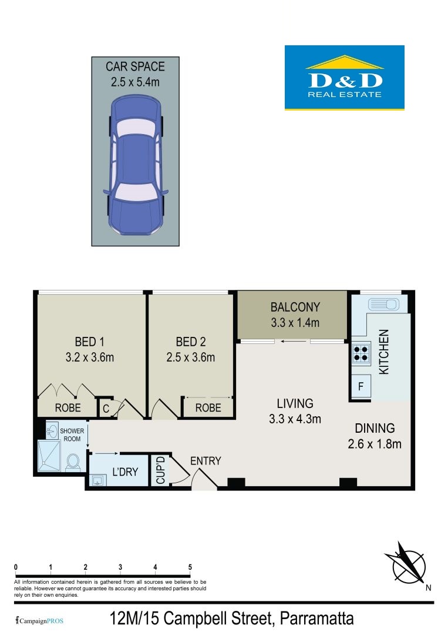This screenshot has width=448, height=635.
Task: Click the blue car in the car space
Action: click(135, 165)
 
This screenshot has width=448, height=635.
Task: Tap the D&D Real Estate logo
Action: click(345, 78)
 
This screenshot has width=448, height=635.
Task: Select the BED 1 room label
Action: click(89, 342)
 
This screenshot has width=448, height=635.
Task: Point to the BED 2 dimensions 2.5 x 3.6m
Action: click(190, 357)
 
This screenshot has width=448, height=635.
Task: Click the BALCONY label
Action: click(295, 307)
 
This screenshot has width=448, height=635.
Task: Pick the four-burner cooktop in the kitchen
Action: click(361, 352)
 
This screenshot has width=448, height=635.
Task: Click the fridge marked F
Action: click(361, 386)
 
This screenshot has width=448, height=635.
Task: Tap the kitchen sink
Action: click(384, 304)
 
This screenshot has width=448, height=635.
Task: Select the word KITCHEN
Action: click(383, 352)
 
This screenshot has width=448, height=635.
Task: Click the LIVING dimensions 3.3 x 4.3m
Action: click(295, 419)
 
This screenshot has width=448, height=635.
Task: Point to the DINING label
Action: click(375, 428)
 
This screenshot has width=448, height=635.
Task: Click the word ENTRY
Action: click(206, 461)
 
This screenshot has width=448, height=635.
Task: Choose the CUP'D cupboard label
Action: click(160, 470)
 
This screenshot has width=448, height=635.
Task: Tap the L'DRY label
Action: click(125, 472)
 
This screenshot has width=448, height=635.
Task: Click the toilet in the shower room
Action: click(73, 462)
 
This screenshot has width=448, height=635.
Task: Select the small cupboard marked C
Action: click(106, 408)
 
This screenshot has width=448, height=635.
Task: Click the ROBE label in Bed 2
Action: click(208, 408)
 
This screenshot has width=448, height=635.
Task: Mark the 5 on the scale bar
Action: click(190, 567)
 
